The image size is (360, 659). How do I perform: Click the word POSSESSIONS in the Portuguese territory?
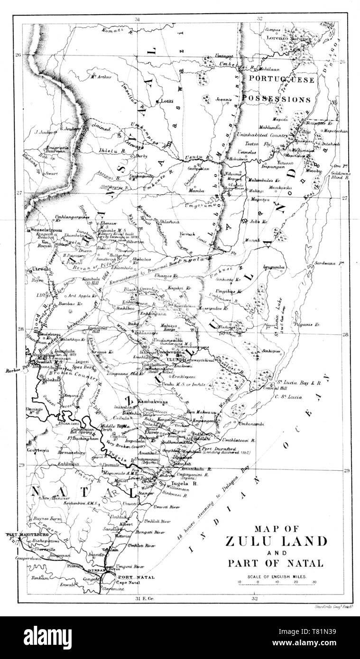click(283, 100)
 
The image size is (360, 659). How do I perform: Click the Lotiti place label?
click(167, 101)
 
